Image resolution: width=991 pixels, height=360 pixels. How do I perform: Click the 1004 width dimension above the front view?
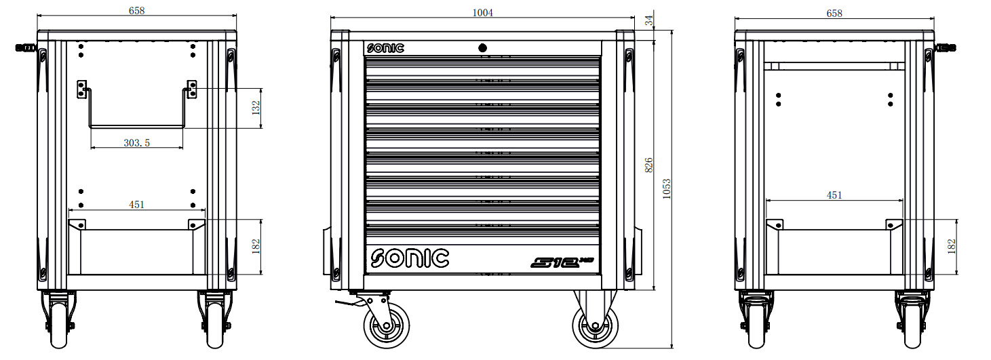pos(482,13)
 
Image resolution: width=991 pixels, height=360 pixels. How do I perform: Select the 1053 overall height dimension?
pos(667,189)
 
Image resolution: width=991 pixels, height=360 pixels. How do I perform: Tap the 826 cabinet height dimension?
pos(648,165)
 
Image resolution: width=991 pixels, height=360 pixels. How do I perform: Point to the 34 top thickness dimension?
pos(648,20)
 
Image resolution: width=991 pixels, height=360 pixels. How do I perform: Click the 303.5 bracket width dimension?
pos(137,143)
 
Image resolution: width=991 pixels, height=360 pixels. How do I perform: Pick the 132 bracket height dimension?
pos(256,108)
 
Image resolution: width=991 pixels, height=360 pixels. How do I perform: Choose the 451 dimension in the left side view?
pos(137,204)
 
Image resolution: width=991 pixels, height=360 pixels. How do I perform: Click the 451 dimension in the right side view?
pos(834,195)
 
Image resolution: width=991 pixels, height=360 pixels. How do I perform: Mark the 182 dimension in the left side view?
pos(256,246)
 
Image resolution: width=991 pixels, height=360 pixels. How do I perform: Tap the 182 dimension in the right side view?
pos(952,246)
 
